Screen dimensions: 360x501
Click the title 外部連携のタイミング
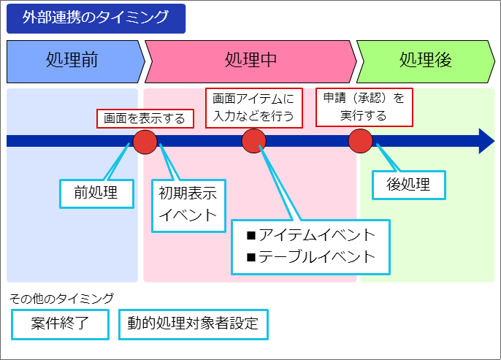(x=96, y=18)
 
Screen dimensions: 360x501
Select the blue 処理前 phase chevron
(x=73, y=61)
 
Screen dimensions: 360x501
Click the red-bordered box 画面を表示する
(x=145, y=118)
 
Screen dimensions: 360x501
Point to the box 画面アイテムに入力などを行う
(x=253, y=107)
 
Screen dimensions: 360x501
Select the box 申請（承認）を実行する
(x=364, y=107)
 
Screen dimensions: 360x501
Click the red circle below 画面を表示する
(x=145, y=141)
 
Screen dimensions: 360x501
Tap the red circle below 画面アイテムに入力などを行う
(x=253, y=141)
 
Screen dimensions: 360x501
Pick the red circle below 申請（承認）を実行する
(x=361, y=141)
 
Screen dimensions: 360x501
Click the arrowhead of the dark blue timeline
(x=486, y=141)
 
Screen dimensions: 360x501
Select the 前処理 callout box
(x=96, y=192)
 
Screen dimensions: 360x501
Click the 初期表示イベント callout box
(x=188, y=204)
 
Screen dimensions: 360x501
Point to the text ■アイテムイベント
(x=311, y=235)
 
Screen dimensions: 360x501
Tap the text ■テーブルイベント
(x=311, y=256)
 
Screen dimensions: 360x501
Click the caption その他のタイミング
(x=61, y=298)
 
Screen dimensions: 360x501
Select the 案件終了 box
(x=60, y=323)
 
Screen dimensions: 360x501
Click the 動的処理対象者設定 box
(x=193, y=323)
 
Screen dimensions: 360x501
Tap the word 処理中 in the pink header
(x=250, y=60)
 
